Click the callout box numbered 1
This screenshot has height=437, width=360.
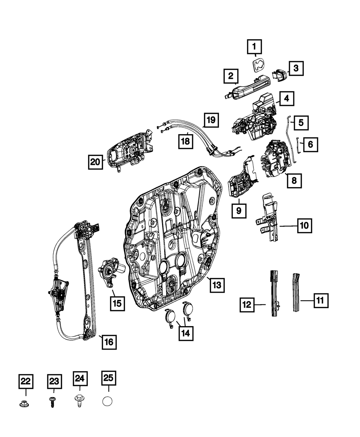[x=255, y=47]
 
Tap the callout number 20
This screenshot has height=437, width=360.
[x=95, y=162]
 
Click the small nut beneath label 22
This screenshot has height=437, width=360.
[x=24, y=404]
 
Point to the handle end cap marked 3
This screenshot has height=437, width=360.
[x=280, y=74]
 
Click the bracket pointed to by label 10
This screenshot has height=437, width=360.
[x=268, y=220]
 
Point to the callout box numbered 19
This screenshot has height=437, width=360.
[x=212, y=119]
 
